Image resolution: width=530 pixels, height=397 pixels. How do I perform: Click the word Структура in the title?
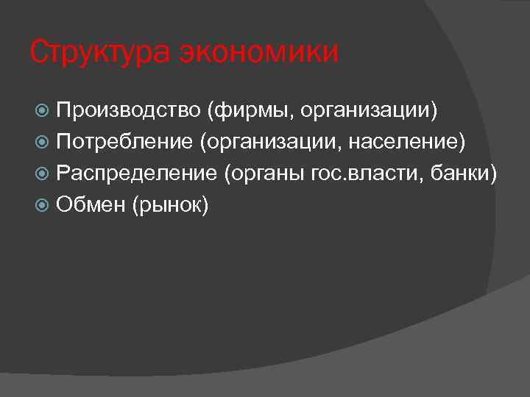(x=99, y=53)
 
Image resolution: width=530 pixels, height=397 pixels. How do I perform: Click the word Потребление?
(x=124, y=142)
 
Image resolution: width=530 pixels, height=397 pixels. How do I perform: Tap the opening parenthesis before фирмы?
(x=211, y=111)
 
